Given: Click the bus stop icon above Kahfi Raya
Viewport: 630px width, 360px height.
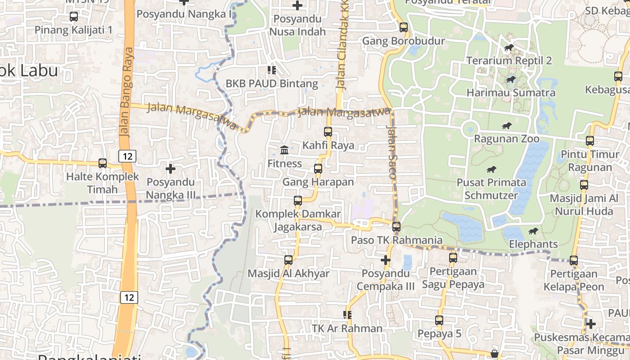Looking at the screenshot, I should point(328,132).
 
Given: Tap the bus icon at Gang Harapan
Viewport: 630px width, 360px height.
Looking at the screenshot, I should point(318,169).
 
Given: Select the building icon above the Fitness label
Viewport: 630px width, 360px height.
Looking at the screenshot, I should point(284,150).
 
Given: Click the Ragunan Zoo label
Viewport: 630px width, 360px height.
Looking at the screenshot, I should point(506,139).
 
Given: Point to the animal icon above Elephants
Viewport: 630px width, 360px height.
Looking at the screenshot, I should point(533,231).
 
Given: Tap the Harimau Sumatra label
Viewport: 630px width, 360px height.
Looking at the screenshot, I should point(511,93).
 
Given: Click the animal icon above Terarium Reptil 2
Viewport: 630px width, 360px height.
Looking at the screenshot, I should point(509,48).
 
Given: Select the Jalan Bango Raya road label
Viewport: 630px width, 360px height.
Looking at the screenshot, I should point(126,92).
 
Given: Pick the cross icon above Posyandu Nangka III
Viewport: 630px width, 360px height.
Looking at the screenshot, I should point(171,169).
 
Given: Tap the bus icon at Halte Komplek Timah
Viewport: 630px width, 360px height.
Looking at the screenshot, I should point(103,163).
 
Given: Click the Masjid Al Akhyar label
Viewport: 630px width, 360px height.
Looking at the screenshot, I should point(288,274).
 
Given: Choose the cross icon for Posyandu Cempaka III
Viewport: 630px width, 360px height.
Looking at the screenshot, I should point(386,260).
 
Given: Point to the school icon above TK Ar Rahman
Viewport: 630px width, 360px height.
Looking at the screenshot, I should point(347,315).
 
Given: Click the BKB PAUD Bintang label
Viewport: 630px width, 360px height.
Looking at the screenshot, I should point(272,83).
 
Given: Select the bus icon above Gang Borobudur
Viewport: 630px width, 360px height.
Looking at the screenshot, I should point(404,27).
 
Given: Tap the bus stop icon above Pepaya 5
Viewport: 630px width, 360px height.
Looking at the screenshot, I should point(439,320).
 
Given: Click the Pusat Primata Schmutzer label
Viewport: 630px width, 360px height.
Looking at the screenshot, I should point(491,189).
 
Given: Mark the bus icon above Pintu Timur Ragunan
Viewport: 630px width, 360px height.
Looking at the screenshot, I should point(590,141).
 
